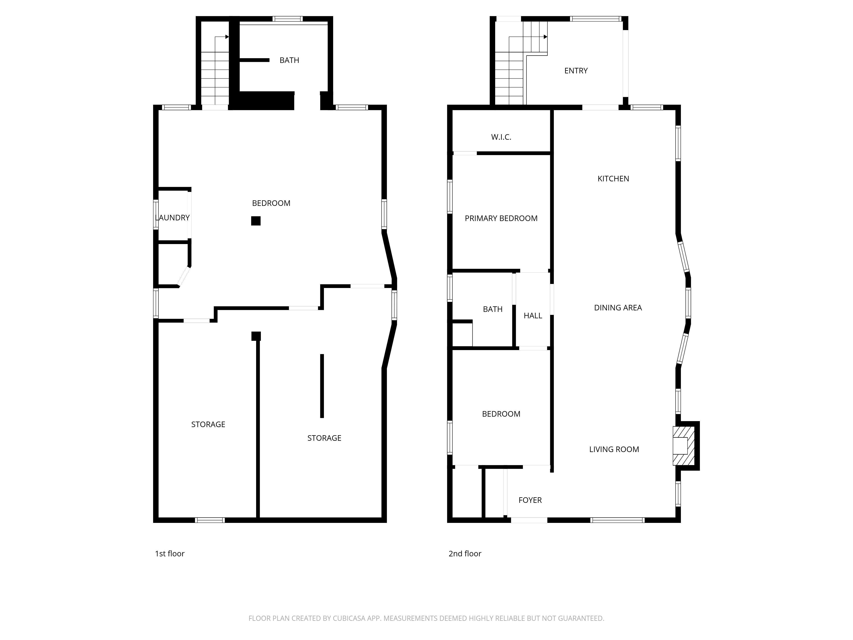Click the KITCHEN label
point(613,179)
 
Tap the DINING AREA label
point(618,308)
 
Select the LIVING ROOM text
point(614,449)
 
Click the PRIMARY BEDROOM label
point(501,219)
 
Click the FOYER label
point(530,500)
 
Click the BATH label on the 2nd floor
point(492,309)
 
